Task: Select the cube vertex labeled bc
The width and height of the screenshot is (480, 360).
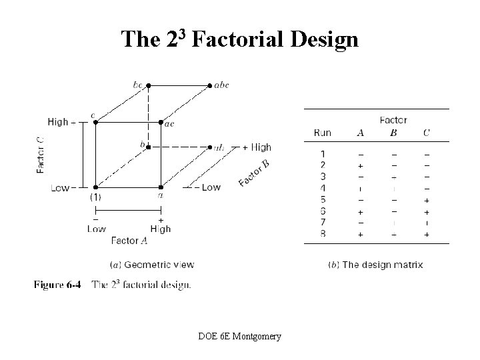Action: pyautogui.click(x=148, y=85)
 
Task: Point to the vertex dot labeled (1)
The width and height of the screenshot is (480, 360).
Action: pyautogui.click(x=95, y=187)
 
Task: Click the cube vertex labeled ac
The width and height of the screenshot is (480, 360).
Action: pyautogui.click(x=161, y=123)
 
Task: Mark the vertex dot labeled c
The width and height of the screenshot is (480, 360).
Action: pyautogui.click(x=95, y=122)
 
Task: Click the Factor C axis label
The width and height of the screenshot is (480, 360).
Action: pyautogui.click(x=41, y=155)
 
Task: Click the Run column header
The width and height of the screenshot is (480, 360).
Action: pyautogui.click(x=322, y=133)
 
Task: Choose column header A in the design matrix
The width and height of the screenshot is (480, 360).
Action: pyautogui.click(x=361, y=133)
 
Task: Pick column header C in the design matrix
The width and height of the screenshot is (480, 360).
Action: pyautogui.click(x=426, y=133)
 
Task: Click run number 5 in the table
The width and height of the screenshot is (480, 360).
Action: pyautogui.click(x=323, y=199)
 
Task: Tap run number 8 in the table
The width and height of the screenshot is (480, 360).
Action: pyautogui.click(x=323, y=234)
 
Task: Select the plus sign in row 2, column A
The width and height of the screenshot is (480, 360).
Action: pyautogui.click(x=361, y=165)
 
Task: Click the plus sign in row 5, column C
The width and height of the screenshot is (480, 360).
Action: pyautogui.click(x=426, y=199)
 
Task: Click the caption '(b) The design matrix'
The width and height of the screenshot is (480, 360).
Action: pyautogui.click(x=376, y=265)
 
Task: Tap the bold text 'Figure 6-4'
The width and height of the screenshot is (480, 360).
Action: pyautogui.click(x=57, y=285)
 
